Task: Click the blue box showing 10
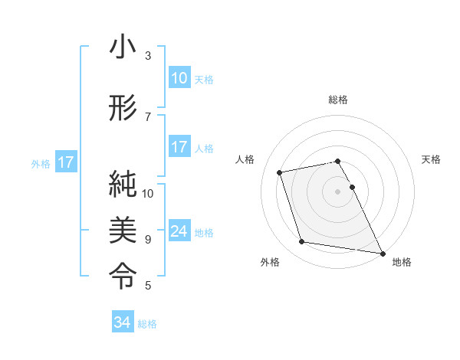pyautogui.click(x=179, y=78)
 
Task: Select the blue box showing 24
pyautogui.click(x=179, y=231)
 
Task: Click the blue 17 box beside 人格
pyautogui.click(x=179, y=147)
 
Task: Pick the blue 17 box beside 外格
pyautogui.click(x=65, y=162)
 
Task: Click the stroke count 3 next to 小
pyautogui.click(x=148, y=56)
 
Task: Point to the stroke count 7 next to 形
pyautogui.click(x=148, y=116)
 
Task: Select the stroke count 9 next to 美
pyautogui.click(x=148, y=239)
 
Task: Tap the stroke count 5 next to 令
pyautogui.click(x=148, y=286)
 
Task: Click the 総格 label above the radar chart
pyautogui.click(x=338, y=100)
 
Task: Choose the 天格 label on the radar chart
pyautogui.click(x=431, y=159)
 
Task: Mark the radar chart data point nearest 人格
pyautogui.click(x=280, y=172)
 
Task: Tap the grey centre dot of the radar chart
pyautogui.click(x=338, y=191)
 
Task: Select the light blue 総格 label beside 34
pyautogui.click(x=147, y=324)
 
